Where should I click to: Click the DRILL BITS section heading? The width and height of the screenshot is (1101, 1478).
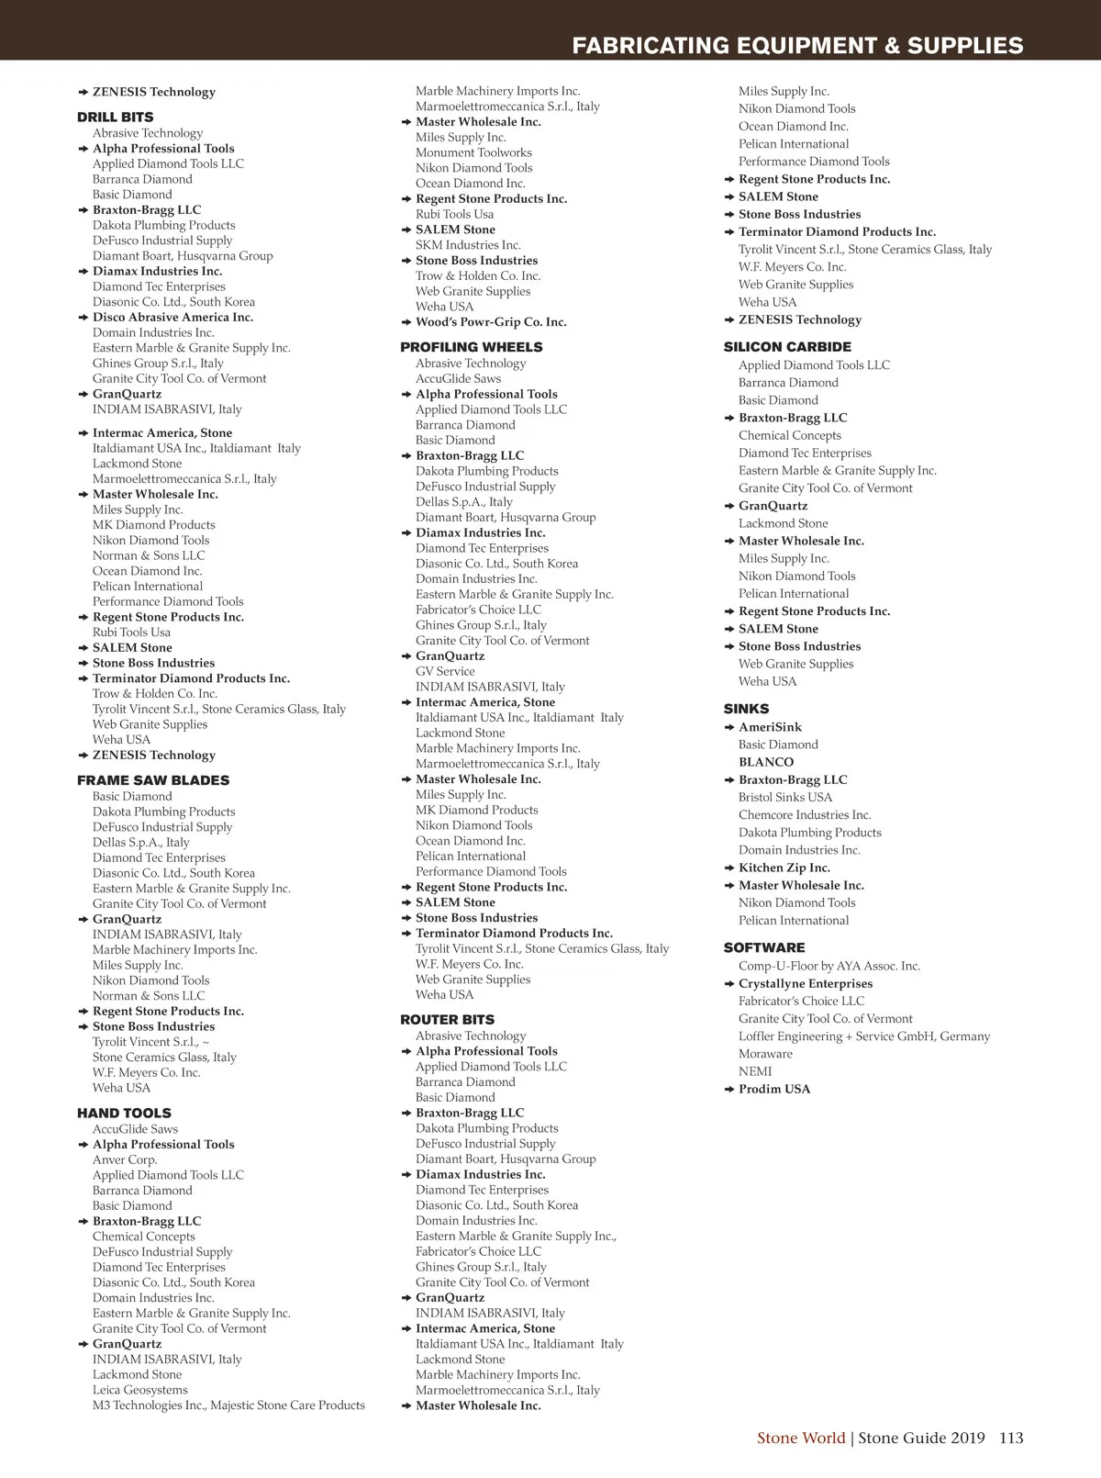[x=115, y=118]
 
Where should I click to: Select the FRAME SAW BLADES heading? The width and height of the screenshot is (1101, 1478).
[x=153, y=780]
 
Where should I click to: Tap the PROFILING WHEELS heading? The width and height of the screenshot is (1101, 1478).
[x=471, y=347]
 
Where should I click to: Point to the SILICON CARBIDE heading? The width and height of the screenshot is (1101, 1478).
[x=787, y=347]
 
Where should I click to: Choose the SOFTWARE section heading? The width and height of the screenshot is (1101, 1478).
[x=764, y=947]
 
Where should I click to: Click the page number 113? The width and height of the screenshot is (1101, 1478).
[x=1011, y=1438]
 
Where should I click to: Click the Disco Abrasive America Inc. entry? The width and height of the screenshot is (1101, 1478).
[x=172, y=318]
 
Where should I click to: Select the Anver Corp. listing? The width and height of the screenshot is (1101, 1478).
[x=125, y=1159]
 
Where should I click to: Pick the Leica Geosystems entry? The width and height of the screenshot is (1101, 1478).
[x=139, y=1390]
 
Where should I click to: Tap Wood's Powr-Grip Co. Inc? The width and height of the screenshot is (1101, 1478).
[x=491, y=322]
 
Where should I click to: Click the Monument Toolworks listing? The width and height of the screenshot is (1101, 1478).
[x=473, y=152]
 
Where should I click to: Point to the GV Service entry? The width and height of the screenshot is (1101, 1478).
[x=445, y=671]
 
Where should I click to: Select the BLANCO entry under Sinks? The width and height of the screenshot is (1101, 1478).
[x=766, y=762]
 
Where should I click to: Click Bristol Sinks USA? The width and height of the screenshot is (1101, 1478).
[x=785, y=797]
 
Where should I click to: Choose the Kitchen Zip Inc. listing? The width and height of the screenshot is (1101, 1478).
[x=784, y=868]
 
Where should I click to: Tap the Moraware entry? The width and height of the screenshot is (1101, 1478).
[x=765, y=1054]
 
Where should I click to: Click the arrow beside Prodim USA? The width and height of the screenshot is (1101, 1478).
[x=728, y=1090]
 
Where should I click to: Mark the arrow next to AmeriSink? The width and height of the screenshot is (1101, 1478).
[x=728, y=727]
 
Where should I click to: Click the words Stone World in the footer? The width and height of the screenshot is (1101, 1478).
[x=800, y=1438]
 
